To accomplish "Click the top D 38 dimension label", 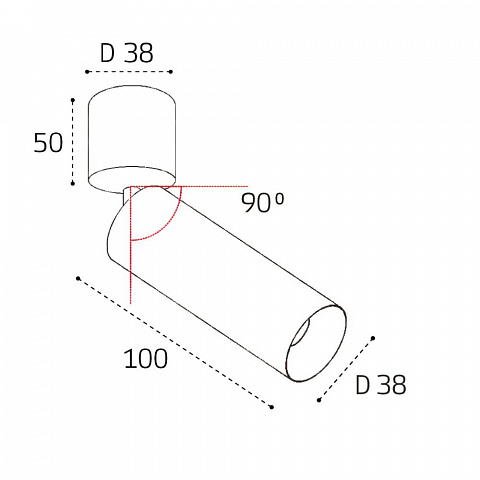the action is pos(127,53).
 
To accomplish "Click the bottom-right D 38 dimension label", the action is pos(381,384).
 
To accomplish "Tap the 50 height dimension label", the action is pos(48,143).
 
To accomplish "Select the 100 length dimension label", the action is pos(146,359).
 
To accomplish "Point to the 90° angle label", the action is pos(263,203).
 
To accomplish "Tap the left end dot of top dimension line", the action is pos(87,72).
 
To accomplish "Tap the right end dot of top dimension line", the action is pos(171,72).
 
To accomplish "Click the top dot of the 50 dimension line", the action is pos(73,100).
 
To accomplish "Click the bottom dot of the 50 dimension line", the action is pos(73,183).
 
